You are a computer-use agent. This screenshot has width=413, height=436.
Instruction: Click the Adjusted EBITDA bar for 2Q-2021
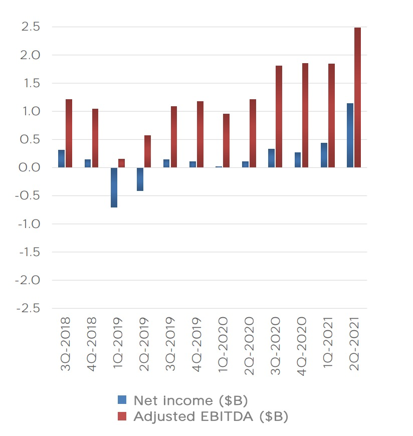pos(357,97)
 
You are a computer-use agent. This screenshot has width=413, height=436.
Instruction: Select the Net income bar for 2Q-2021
pos(350,135)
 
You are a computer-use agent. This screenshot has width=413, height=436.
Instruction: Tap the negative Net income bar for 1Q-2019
pos(114,187)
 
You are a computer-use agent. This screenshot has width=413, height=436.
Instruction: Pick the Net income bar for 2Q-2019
pos(140,179)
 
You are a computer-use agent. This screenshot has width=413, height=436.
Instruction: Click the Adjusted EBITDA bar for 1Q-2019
pos(122,163)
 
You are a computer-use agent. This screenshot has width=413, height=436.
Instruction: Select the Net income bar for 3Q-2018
pos(62,159)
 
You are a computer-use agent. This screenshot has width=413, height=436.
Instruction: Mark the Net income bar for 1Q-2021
pos(324,155)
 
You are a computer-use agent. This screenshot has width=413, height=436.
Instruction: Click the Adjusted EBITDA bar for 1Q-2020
pos(227,140)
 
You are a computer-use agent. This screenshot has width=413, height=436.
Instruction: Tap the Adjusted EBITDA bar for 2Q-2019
pos(148,151)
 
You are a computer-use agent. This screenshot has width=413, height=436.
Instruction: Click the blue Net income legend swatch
pos(122,400)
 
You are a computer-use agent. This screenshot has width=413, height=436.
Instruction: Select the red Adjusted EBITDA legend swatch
pos(122,416)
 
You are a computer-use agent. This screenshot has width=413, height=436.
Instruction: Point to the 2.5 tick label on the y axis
pos(30,27)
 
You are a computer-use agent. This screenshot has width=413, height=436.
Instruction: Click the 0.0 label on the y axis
pos(30,168)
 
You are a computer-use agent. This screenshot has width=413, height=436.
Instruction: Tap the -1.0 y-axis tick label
pos(28,224)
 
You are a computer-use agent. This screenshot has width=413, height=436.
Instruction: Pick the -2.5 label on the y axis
pos(28,308)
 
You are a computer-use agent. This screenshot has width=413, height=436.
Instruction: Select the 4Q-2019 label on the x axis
pos(196,344)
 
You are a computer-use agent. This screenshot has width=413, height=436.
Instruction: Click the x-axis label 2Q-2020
pos(249,344)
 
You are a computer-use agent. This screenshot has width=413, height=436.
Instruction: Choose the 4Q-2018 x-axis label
pos(92,344)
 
